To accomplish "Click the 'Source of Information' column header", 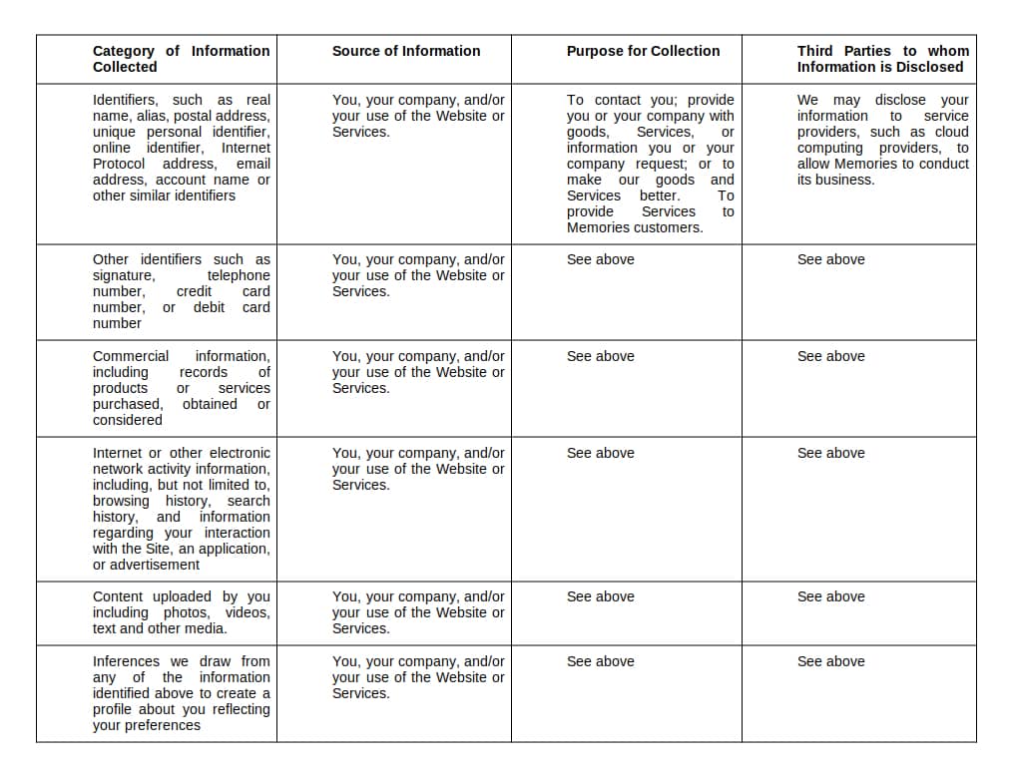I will point(405,51).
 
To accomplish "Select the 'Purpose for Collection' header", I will point(643,51).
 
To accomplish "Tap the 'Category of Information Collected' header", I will point(181,59).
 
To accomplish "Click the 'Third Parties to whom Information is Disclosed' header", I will point(882,59).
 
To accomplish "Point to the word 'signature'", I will point(123,275).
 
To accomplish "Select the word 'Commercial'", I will point(131,356).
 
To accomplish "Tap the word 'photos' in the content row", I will point(186,612).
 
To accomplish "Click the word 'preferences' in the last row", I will point(161,725).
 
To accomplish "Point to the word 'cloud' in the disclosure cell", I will point(951,132).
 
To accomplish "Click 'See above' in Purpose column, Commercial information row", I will point(600,356).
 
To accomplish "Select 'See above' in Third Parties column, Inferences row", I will point(830,661).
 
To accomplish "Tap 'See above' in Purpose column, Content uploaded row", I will point(600,596).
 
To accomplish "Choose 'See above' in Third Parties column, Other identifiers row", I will point(830,259).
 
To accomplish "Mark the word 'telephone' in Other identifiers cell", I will point(239,275).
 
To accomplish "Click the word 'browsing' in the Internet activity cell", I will point(121,501).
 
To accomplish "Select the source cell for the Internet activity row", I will point(418,469).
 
